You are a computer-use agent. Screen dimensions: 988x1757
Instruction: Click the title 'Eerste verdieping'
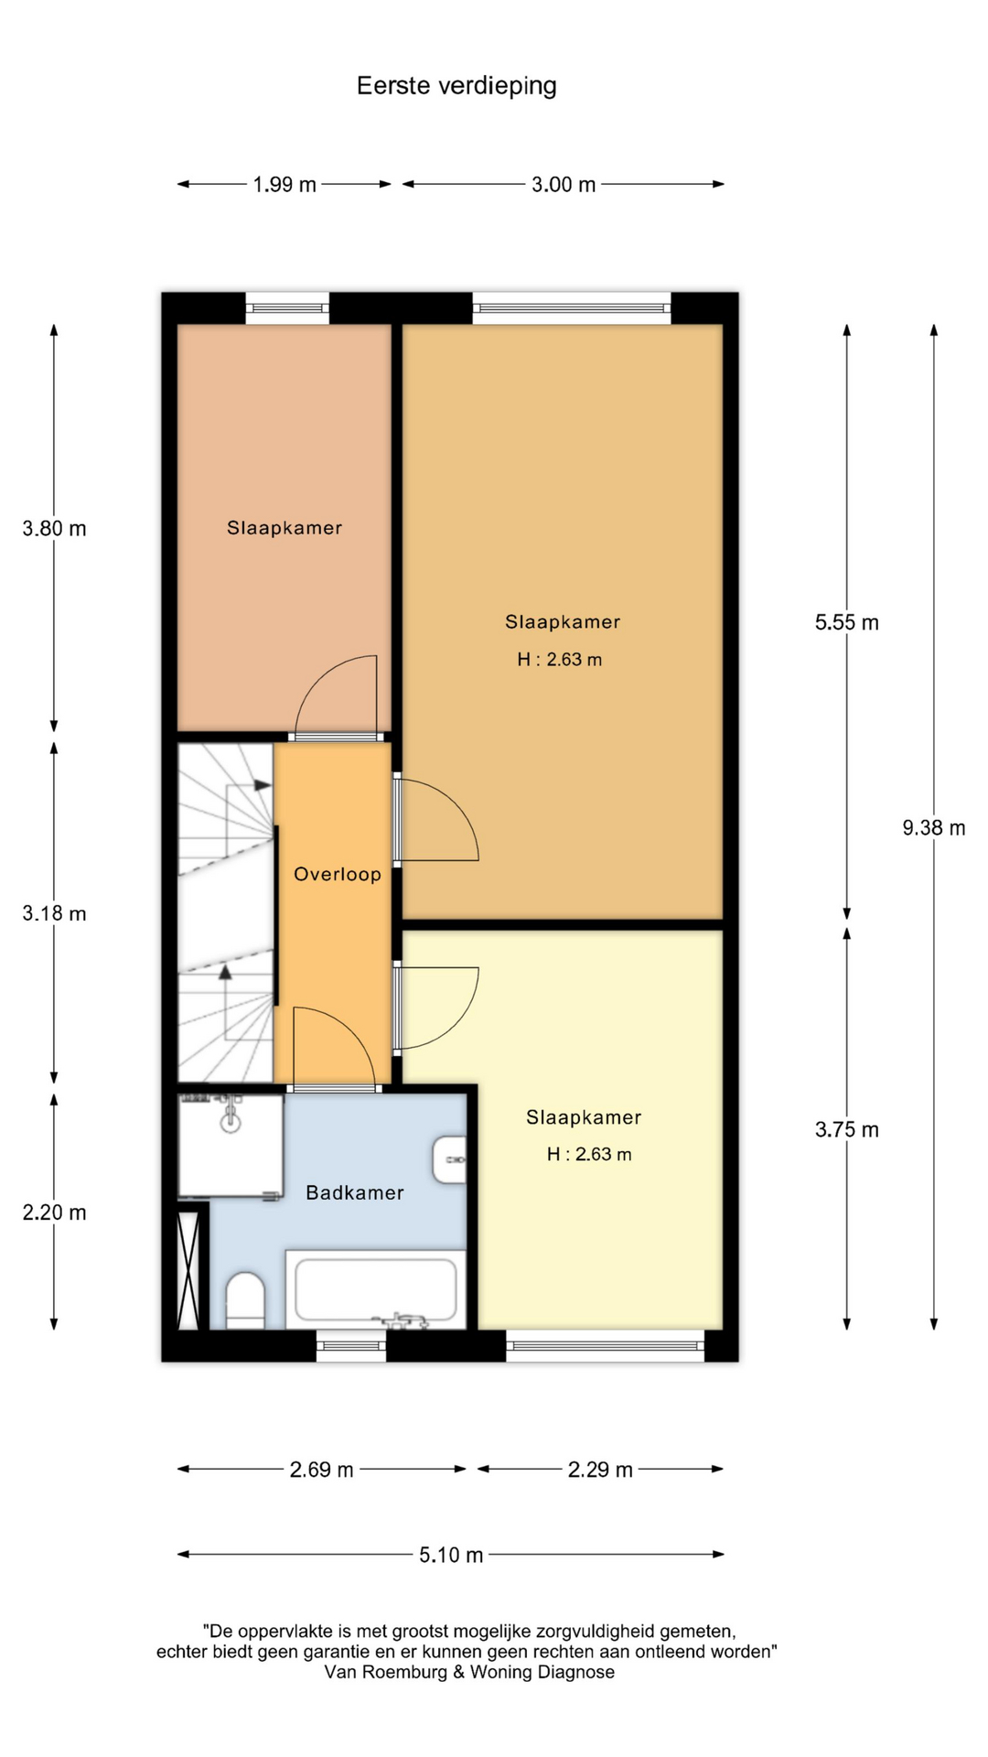tap(456, 86)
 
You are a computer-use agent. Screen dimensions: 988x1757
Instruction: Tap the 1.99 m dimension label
tap(285, 185)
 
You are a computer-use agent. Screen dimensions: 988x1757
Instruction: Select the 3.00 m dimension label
tap(564, 185)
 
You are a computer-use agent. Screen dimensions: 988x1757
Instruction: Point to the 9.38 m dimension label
tap(934, 828)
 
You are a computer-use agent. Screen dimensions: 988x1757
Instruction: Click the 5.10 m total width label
tap(451, 1555)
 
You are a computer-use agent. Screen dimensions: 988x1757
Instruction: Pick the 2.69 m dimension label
tap(321, 1470)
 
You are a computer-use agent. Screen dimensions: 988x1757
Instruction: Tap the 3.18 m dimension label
tap(55, 913)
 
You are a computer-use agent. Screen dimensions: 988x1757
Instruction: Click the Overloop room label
tap(338, 874)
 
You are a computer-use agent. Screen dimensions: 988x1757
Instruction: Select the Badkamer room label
tap(355, 1192)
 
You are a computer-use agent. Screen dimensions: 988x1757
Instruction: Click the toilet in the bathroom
tap(245, 1300)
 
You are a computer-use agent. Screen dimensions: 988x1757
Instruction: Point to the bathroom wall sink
tap(449, 1159)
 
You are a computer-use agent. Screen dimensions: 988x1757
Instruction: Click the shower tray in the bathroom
tap(231, 1146)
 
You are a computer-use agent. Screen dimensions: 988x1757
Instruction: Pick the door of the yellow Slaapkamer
tap(436, 1008)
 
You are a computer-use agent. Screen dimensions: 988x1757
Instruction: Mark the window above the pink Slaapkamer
tap(287, 307)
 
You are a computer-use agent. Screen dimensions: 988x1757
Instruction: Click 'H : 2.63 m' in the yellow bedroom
tap(589, 1155)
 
